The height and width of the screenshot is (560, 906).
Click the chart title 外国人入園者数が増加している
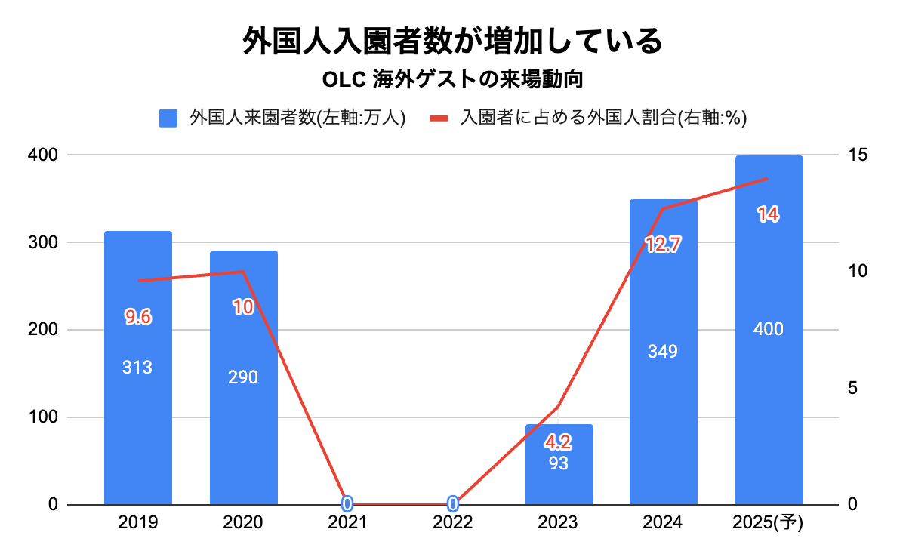click(452, 41)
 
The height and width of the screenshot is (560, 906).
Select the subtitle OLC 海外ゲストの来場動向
click(452, 79)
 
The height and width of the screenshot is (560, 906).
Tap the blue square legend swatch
click(168, 118)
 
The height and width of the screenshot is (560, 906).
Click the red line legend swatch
click(439, 118)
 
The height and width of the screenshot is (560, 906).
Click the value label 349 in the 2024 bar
click(663, 352)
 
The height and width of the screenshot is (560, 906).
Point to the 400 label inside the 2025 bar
click(769, 329)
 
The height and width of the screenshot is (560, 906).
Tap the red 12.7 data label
click(664, 244)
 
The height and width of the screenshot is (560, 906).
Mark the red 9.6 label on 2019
click(138, 317)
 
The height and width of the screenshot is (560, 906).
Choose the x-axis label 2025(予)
click(769, 523)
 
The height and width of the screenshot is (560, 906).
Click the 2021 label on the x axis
click(347, 523)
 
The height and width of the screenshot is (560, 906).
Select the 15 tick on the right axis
click(859, 155)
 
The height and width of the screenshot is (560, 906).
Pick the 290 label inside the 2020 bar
click(243, 377)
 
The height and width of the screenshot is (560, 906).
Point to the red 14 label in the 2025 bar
click(768, 215)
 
